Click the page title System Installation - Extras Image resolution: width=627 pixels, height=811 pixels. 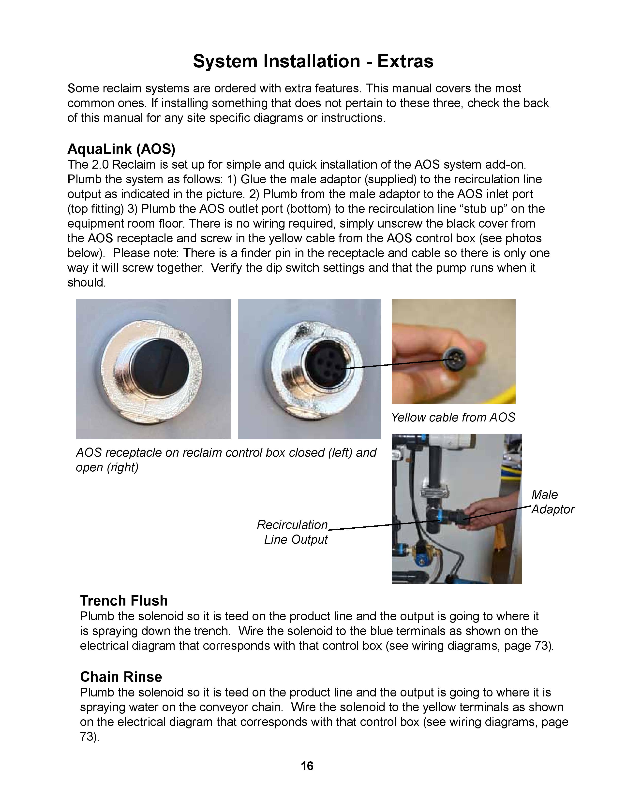pos(313,61)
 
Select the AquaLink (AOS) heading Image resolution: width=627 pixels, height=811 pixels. pos(121,149)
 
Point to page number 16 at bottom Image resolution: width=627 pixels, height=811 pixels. pos(307,766)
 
